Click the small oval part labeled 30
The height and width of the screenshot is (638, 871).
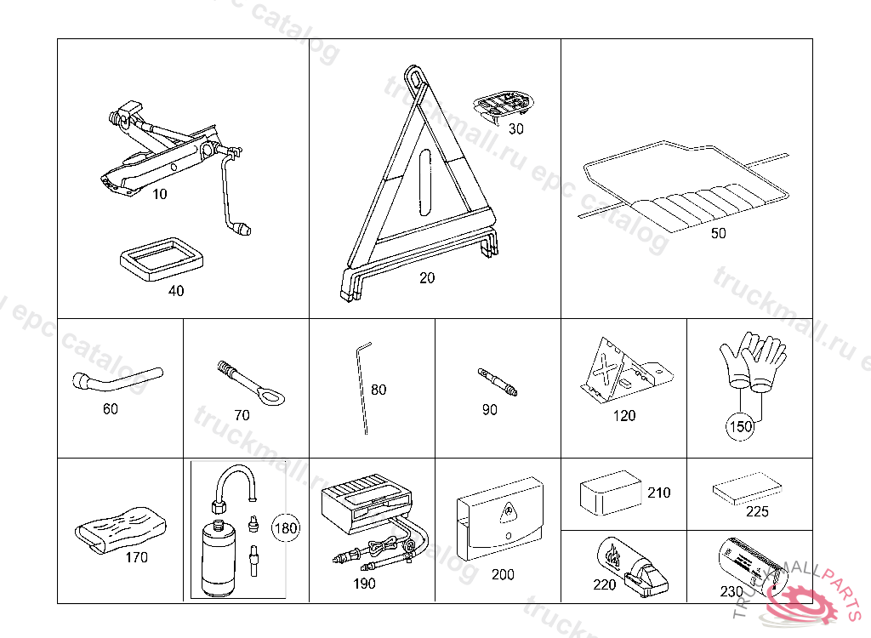503,106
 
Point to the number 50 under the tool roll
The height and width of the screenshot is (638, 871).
719,233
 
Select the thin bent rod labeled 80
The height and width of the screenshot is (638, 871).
363,387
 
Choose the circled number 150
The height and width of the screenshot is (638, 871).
741,426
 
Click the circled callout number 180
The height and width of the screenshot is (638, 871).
287,527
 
